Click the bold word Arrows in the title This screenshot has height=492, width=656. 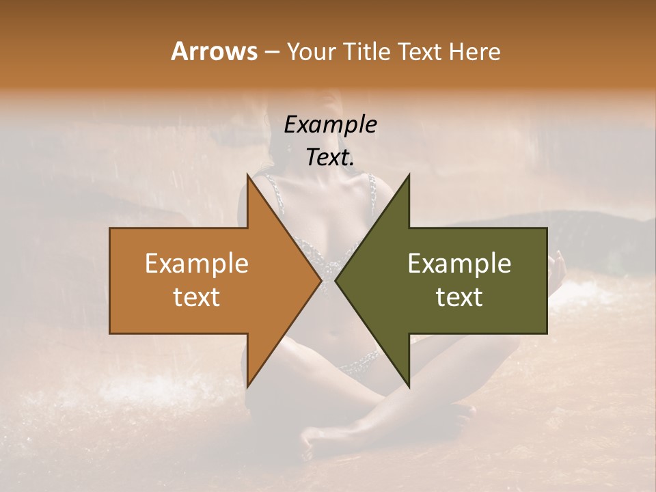pyautogui.click(x=214, y=52)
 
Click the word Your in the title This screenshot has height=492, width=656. pyautogui.click(x=312, y=52)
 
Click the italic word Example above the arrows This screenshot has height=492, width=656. pyautogui.click(x=330, y=124)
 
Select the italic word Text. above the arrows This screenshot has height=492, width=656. pyautogui.click(x=330, y=157)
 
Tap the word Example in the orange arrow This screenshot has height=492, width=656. pyautogui.click(x=197, y=263)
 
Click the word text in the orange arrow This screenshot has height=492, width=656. pyautogui.click(x=197, y=297)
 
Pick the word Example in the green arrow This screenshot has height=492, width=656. pyautogui.click(x=459, y=263)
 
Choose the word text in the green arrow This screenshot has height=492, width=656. pyautogui.click(x=459, y=297)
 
